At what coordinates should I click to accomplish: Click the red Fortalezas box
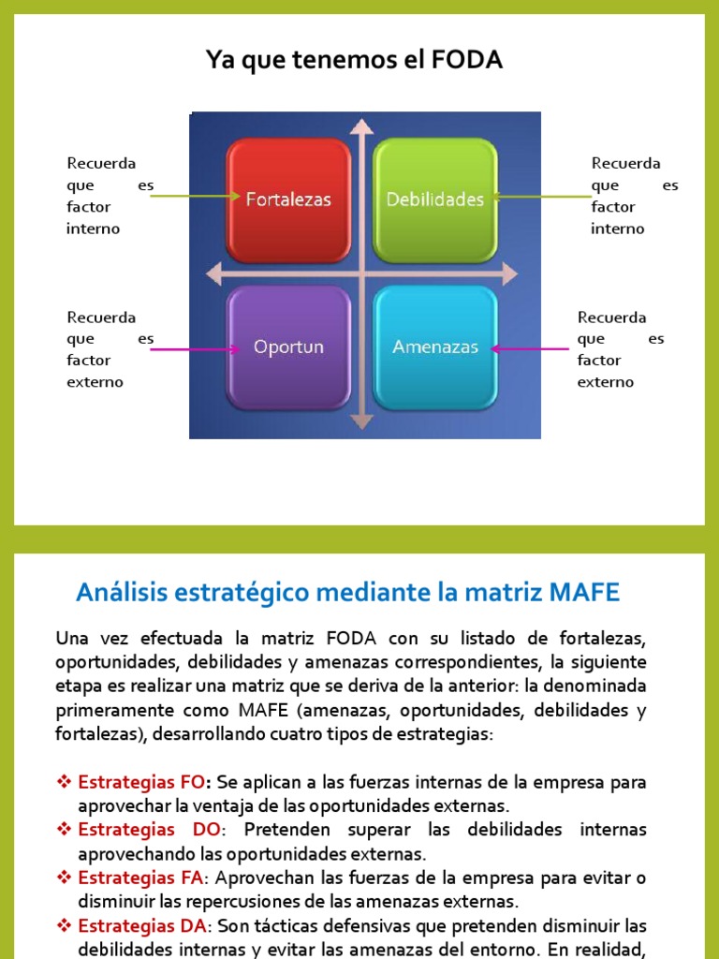pyautogui.click(x=288, y=199)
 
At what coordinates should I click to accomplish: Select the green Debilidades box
pyautogui.click(x=434, y=199)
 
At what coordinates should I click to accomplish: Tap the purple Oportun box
pyautogui.click(x=288, y=347)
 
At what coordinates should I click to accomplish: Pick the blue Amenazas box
pyautogui.click(x=434, y=347)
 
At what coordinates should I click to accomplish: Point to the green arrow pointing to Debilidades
pyautogui.click(x=543, y=197)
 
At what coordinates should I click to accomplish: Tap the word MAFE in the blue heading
pyautogui.click(x=585, y=593)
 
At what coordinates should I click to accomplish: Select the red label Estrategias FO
pyautogui.click(x=140, y=782)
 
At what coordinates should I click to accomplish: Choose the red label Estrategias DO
pyautogui.click(x=150, y=830)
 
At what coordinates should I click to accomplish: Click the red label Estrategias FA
pyautogui.click(x=140, y=878)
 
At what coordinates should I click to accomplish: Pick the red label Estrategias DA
pyautogui.click(x=140, y=926)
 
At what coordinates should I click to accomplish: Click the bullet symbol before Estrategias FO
pyautogui.click(x=65, y=782)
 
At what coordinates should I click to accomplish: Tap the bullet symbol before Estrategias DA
pyautogui.click(x=65, y=926)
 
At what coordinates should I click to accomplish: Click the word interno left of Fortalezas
pyautogui.click(x=94, y=229)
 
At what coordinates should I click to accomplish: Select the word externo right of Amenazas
pyautogui.click(x=605, y=382)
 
